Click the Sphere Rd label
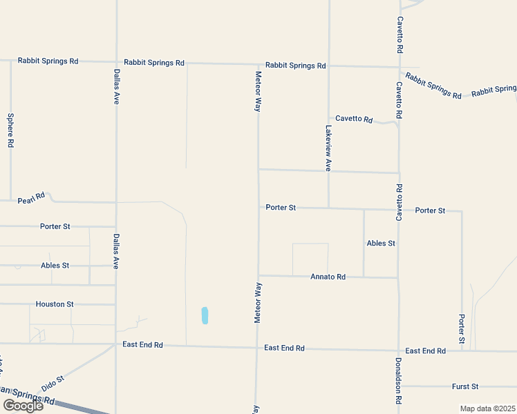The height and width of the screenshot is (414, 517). coord(10,130)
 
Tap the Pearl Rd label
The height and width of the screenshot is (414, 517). coord(31,197)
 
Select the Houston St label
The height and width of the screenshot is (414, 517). coord(55,304)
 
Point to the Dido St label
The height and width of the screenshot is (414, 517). coord(52,384)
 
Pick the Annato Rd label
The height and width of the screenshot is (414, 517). coord(328,277)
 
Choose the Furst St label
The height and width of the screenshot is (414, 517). coord(465,387)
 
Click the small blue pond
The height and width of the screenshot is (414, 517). coord(205,315)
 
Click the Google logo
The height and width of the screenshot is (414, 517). coord(23,406)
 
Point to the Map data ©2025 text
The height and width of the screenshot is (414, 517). coord(487,408)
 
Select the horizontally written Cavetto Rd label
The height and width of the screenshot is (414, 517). coord(354,119)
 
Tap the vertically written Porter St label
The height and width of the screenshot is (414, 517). coord(462,330)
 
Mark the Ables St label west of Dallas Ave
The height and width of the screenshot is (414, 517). coord(55,266)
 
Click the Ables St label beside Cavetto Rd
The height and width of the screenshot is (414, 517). coord(381,244)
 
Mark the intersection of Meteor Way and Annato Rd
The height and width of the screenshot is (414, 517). coord(258,276)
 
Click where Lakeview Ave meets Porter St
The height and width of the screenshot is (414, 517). coord(328,208)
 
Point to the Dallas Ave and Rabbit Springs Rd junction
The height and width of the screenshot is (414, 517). coord(116,62)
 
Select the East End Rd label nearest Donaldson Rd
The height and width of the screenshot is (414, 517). coord(425,351)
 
